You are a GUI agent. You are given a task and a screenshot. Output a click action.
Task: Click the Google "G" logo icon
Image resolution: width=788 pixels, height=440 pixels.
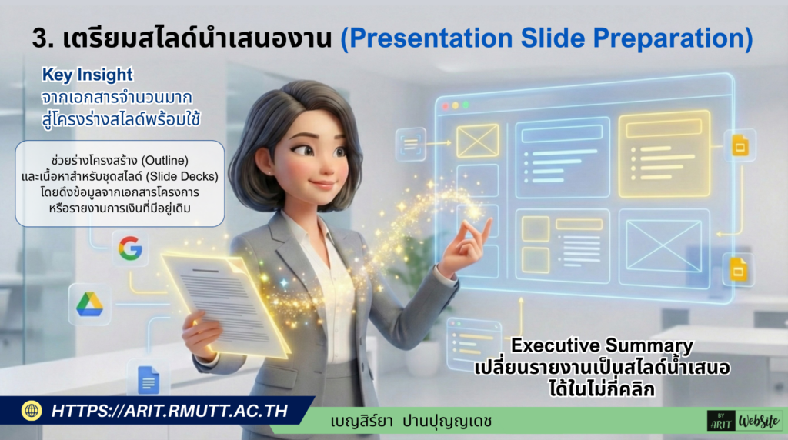tap(130, 248)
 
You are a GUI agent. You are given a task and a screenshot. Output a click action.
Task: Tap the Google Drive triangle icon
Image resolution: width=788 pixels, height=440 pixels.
tap(89, 304)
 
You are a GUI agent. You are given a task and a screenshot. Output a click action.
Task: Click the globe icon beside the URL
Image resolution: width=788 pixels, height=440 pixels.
tap(32, 411)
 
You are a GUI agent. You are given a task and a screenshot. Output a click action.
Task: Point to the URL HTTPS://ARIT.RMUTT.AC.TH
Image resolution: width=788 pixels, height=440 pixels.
tap(169, 411)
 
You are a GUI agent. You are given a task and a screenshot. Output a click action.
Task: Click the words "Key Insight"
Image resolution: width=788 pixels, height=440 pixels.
tap(87, 75)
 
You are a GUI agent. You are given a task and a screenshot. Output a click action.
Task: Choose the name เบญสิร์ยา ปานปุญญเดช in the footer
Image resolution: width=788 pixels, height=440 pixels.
tap(411, 422)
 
